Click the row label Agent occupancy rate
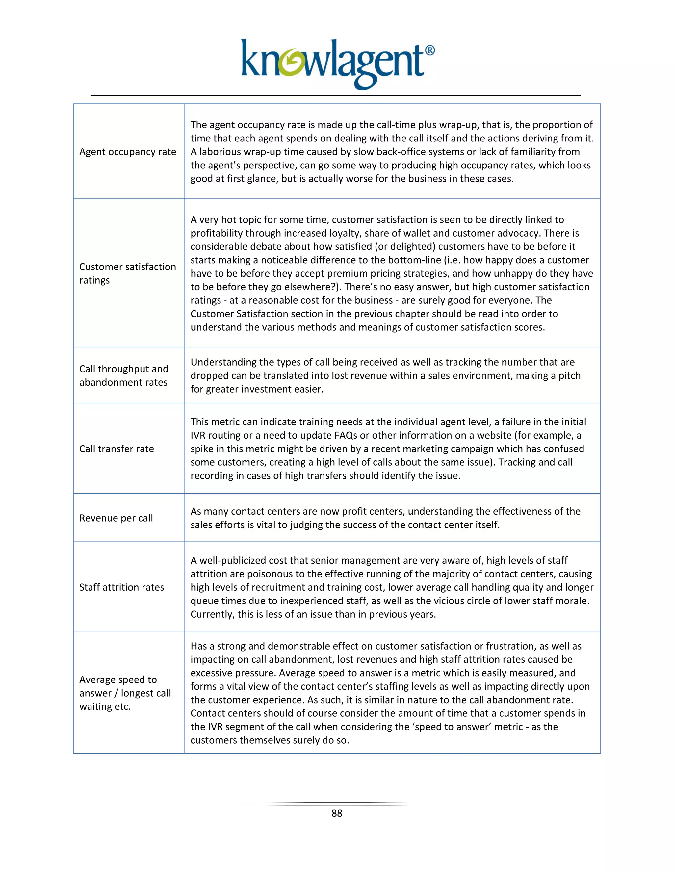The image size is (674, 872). [x=127, y=152]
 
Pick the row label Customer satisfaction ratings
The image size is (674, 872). [x=127, y=273]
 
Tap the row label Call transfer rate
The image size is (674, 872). [x=116, y=449]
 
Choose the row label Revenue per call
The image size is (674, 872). [x=116, y=518]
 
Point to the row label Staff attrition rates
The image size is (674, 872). [x=121, y=587]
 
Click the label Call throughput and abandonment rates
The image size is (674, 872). [x=123, y=375]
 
